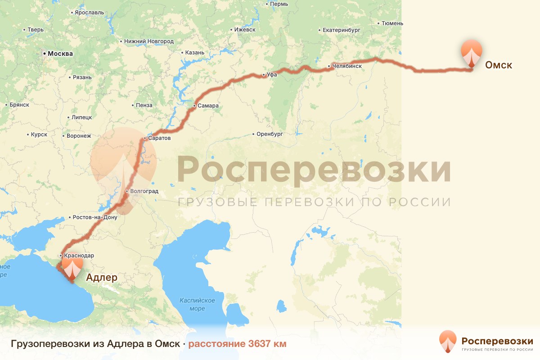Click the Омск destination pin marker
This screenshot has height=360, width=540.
pos(471,53)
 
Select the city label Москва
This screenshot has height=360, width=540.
pos(60,54)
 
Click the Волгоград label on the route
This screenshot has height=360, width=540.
pos(144,191)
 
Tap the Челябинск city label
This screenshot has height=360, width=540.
pos(347,66)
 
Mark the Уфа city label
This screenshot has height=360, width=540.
pos(271,75)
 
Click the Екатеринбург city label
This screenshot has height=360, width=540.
pos(342,31)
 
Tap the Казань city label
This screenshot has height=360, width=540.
pos(194,53)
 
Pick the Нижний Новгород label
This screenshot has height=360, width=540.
pos(148,41)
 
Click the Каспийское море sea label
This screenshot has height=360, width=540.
pos(197,304)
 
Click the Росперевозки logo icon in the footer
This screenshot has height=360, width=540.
pos(447,342)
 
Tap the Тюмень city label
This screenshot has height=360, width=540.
pos(392,23)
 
